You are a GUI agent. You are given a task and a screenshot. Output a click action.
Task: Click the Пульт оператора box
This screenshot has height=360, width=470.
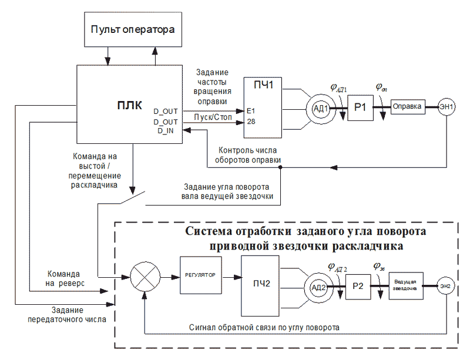[x=132, y=29]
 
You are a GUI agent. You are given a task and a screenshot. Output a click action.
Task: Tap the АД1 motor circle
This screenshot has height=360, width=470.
[x=320, y=107]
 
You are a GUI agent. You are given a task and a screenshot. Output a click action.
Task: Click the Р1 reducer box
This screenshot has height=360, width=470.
[x=360, y=107]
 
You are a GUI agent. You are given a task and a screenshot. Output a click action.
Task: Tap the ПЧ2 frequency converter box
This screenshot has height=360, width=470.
[x=258, y=284]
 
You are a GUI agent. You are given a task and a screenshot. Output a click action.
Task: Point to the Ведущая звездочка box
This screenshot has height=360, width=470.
[x=405, y=286]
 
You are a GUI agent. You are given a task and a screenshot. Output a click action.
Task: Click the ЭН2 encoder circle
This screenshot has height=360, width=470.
[x=446, y=286]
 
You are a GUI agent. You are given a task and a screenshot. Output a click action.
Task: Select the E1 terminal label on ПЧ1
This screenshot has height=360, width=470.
[x=251, y=111]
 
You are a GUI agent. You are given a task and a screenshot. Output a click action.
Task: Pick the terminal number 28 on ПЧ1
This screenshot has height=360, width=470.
[x=251, y=122]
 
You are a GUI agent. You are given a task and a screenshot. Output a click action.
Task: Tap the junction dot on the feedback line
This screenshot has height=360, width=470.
[x=280, y=167]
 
